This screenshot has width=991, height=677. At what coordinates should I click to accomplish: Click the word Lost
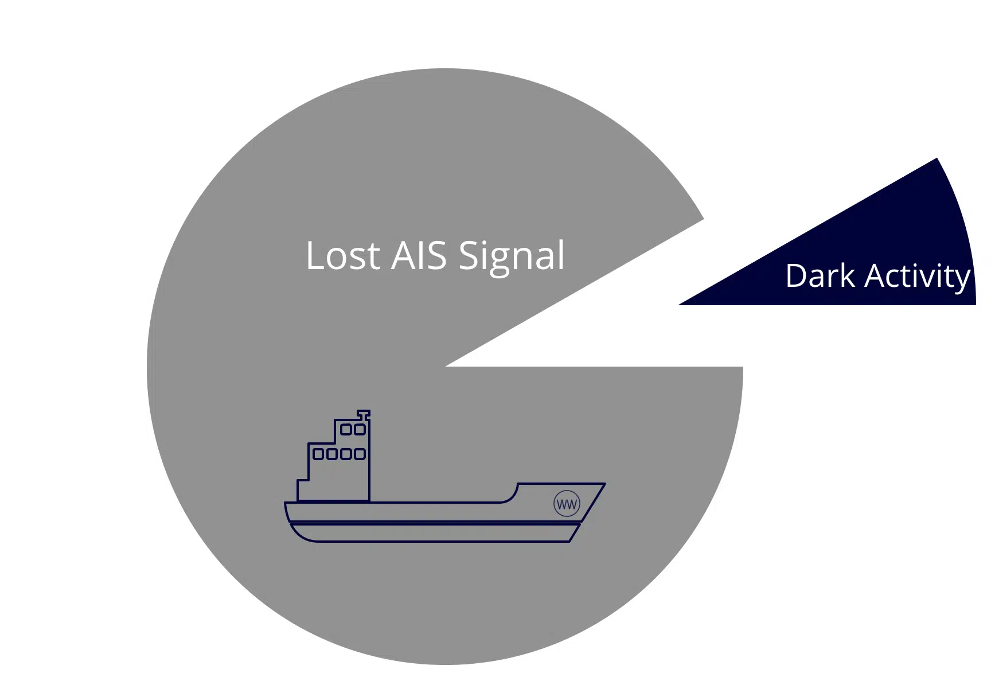coord(343,256)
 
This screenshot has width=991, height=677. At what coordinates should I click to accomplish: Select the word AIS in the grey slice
coord(419,255)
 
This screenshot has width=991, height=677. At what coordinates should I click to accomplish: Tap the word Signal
coord(512,257)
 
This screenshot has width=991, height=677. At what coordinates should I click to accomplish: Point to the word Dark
coord(820,276)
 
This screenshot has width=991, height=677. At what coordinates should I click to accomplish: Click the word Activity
coord(918,278)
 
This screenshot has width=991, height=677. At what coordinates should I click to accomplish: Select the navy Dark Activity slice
coord(877,258)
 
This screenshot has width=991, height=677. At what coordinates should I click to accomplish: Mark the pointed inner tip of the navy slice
coord(679,305)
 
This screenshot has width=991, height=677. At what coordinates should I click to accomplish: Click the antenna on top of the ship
coord(364,414)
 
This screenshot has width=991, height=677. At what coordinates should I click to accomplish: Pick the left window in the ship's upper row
coord(346,429)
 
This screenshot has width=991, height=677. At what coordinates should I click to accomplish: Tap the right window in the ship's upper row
coord(360,429)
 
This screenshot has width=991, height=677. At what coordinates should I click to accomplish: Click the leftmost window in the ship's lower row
coord(318,454)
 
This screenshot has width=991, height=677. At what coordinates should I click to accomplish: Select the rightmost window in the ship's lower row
coord(360,454)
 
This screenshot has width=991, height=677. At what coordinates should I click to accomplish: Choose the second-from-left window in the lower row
coord(332,454)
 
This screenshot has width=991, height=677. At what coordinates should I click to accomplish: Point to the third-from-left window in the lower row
coord(346,454)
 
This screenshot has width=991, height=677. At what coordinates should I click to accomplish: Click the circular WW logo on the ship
coord(567,504)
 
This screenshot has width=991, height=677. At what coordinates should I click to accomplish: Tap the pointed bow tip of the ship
coord(604,484)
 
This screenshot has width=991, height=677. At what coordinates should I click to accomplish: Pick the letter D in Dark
coord(797,276)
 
